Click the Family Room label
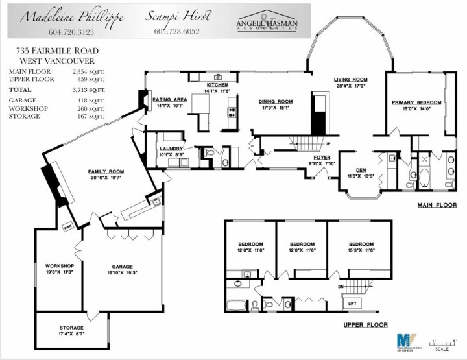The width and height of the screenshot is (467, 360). (x=106, y=171)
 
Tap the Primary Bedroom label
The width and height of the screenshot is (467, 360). (x=416, y=102)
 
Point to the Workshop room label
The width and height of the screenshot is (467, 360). (x=59, y=266)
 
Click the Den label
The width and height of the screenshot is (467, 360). (x=353, y=170)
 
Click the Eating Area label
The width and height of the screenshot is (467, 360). (x=170, y=99)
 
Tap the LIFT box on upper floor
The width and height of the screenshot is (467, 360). (x=352, y=303)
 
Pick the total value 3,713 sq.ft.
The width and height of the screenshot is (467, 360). (x=88, y=90)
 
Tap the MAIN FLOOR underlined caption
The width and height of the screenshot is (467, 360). (x=437, y=205)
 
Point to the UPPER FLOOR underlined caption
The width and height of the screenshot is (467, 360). (x=366, y=324)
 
